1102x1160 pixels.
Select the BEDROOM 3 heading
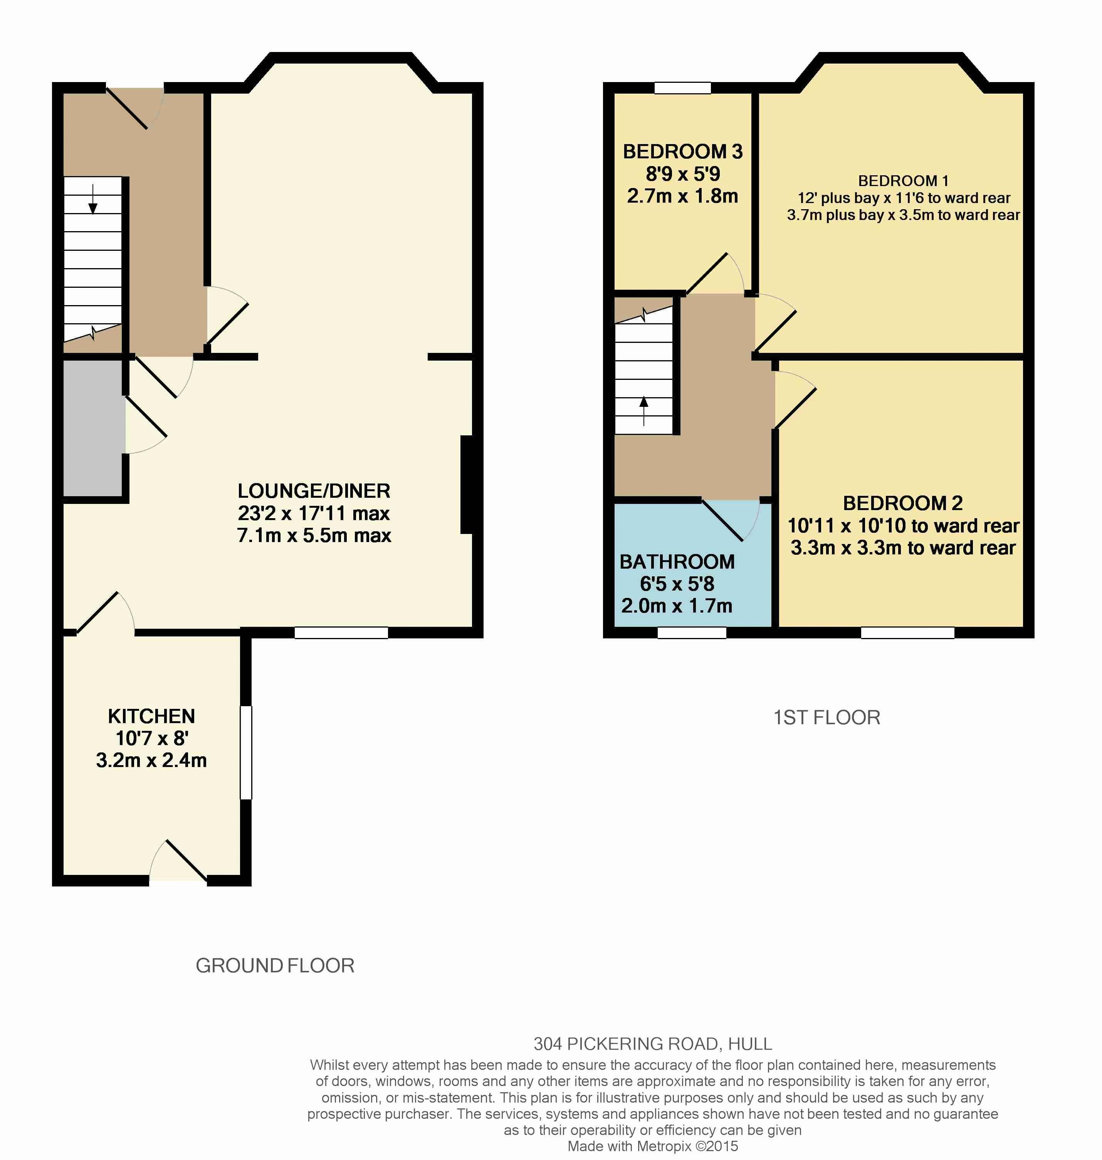tap(682, 151)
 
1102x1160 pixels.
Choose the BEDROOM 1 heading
tap(903, 181)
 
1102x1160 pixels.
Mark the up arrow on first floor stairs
tap(644, 411)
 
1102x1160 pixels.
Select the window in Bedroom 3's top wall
tap(682, 88)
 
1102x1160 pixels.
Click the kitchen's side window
tap(246, 752)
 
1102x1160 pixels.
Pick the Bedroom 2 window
tap(907, 633)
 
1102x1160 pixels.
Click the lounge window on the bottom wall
tap(341, 633)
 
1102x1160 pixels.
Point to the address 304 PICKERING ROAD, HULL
tap(653, 1044)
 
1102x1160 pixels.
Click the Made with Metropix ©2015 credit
tap(653, 1146)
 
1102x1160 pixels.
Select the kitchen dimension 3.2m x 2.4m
tap(151, 760)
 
